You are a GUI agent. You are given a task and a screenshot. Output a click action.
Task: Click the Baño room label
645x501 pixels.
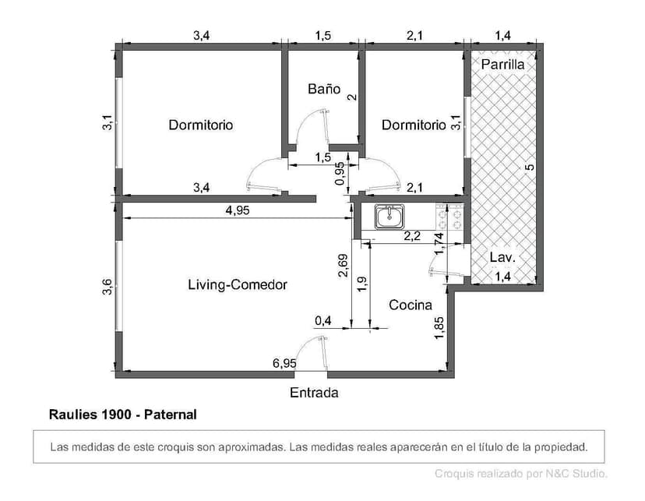324,90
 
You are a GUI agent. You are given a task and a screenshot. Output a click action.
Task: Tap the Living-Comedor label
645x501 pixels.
238,285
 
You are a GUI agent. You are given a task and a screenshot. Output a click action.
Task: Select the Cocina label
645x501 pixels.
411,305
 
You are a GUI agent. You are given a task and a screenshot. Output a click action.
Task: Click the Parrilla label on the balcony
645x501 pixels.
502,65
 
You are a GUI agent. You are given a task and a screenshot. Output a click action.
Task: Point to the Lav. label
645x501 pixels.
502,258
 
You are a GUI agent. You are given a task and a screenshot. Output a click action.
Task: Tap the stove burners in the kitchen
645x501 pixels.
450,215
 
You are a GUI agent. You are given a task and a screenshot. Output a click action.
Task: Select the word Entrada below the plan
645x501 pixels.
314,393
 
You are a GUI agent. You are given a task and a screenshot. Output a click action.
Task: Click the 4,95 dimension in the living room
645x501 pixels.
238,210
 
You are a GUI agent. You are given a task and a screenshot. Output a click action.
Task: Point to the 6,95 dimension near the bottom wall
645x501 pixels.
284,363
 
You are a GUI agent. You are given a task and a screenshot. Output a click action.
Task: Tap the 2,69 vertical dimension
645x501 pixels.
343,266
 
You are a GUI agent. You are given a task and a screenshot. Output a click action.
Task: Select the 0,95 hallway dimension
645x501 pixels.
339,173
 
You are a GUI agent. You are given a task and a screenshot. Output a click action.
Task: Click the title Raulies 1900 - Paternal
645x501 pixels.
122,415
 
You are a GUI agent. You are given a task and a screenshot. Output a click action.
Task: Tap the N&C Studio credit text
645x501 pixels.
520,473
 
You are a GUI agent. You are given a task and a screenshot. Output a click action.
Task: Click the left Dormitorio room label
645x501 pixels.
200,125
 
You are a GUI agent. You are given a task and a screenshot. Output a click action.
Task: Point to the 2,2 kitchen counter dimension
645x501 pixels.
411,235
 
